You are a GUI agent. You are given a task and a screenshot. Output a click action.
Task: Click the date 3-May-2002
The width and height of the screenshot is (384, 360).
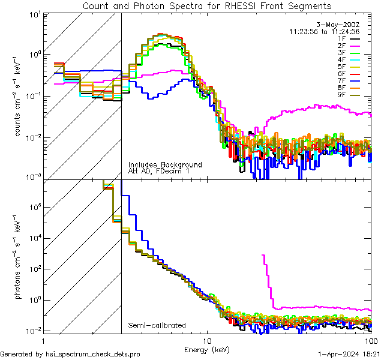[338, 24]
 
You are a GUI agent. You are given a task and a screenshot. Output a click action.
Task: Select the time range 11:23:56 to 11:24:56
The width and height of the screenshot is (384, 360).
[324, 31]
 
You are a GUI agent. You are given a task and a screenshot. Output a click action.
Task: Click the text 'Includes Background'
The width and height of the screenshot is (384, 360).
[165, 164]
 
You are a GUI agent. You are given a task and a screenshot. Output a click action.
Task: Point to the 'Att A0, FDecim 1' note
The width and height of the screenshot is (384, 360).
[160, 171]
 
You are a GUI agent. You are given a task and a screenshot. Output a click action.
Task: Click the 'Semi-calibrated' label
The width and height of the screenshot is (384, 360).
[157, 326]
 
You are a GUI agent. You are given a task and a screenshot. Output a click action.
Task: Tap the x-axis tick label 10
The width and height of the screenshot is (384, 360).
[207, 340]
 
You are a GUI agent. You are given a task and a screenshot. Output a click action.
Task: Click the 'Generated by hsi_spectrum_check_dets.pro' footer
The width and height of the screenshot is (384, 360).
[70, 355]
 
